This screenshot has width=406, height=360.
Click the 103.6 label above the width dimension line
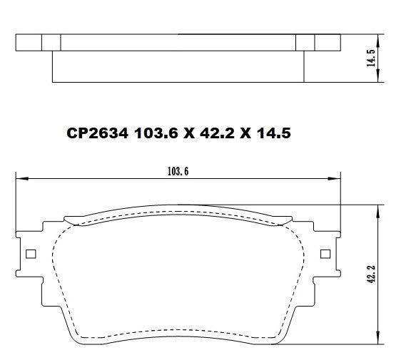point(176,171)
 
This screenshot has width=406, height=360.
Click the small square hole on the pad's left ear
point(30,254)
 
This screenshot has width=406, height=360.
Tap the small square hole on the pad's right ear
point(326,254)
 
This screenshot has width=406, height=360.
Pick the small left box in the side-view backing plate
point(51,43)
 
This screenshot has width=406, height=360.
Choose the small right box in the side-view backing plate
point(305,43)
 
